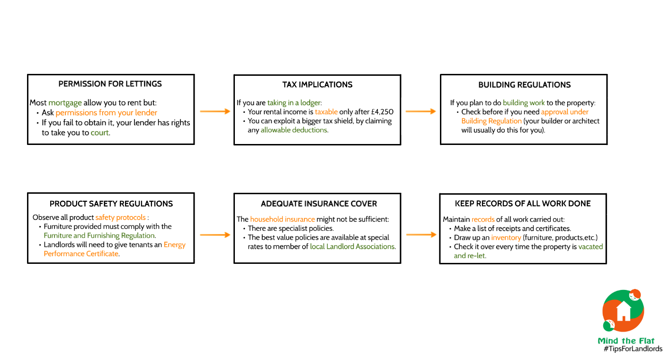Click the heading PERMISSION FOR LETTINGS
tap(110, 84)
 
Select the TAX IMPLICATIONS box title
tap(317, 85)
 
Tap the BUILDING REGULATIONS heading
tap(524, 85)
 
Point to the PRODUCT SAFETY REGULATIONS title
tap(111, 204)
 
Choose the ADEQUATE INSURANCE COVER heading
tap(319, 204)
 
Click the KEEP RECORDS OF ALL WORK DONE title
tap(523, 204)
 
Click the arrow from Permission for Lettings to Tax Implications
tap(215, 111)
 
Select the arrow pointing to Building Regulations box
tap(420, 111)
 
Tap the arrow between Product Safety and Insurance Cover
tap(215, 235)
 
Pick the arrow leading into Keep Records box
tap(421, 234)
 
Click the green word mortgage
tap(65, 103)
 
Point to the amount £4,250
tap(382, 112)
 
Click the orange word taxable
tap(326, 112)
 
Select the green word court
tap(100, 133)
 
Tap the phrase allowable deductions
tap(294, 130)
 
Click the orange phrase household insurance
tap(283, 219)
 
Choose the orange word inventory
tap(506, 238)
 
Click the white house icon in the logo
tap(624, 311)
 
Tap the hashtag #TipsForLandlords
tap(633, 349)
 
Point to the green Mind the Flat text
tap(626, 341)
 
